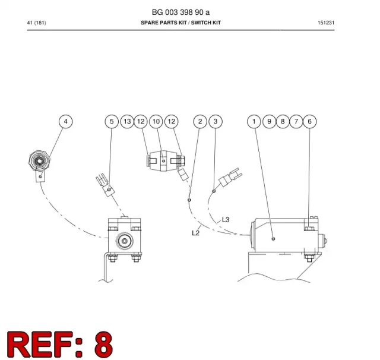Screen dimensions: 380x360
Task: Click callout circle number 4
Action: click(66, 121)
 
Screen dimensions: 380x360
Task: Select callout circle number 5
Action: click(112, 121)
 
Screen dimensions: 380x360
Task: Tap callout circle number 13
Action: click(127, 121)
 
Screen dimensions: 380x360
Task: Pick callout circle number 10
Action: click(156, 121)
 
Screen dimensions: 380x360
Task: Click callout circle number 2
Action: click(200, 121)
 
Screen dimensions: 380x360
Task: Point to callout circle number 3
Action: click(216, 121)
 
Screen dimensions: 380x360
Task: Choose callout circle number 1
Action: click(254, 121)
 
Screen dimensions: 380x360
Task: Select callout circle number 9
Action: click(269, 121)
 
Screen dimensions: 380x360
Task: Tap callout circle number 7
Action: click(296, 121)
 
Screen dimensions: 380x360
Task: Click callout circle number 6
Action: click(310, 121)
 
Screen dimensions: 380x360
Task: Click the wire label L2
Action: click(195, 233)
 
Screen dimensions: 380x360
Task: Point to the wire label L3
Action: click(226, 220)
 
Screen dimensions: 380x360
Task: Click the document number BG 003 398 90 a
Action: click(180, 12)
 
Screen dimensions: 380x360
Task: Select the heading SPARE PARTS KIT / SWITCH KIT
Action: click(180, 23)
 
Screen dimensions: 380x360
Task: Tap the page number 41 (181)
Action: click(37, 23)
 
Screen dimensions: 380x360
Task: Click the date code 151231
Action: click(326, 23)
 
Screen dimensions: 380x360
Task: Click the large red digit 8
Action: click(103, 345)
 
